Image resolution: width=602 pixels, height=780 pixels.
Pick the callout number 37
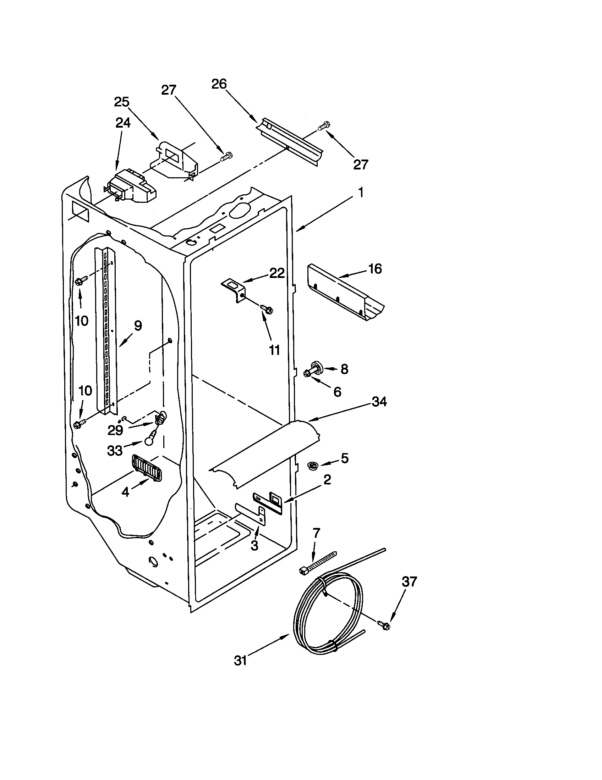[409, 582]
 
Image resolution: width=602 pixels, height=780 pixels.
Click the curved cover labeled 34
[264, 453]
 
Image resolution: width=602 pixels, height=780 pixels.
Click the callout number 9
[138, 325]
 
